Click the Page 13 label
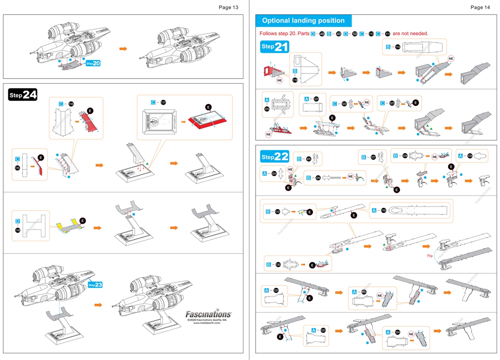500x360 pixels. point(229,7)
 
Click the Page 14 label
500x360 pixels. point(480,7)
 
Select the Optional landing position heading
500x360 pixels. point(303,21)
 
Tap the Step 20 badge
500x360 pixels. point(94,63)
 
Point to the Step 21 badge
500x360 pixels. point(275,47)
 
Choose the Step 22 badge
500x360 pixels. point(275,157)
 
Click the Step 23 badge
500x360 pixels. point(95,285)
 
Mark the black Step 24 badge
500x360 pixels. point(23,95)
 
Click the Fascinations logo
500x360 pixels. point(208,314)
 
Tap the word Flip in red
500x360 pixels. point(430,256)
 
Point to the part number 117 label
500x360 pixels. point(163,102)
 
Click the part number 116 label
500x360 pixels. point(71,104)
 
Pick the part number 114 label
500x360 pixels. point(398,47)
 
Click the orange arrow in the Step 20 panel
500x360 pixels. point(123,49)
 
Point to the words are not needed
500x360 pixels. point(410,34)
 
